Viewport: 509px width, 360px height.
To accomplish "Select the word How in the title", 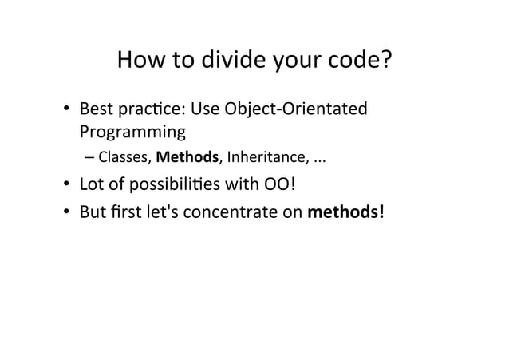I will [x=141, y=61].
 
